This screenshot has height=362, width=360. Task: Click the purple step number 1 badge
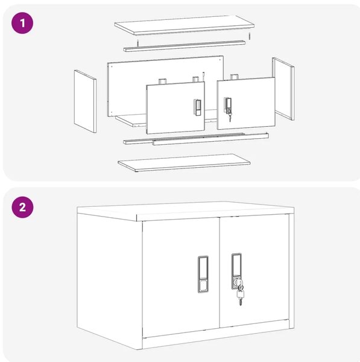click(22, 23)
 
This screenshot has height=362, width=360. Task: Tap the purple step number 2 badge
click(22, 207)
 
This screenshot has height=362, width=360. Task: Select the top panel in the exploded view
click(184, 25)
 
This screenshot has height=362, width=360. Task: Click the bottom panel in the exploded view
click(184, 163)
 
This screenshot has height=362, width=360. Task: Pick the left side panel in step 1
click(85, 101)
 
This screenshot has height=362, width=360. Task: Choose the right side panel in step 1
click(283, 89)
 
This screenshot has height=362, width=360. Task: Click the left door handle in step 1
click(197, 107)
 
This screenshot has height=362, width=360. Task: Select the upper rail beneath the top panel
click(184, 46)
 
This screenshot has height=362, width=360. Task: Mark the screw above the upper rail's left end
click(137, 43)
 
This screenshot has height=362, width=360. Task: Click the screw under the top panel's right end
click(249, 36)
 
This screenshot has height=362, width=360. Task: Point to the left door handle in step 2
click(203, 274)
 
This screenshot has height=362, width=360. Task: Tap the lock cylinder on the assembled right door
click(236, 282)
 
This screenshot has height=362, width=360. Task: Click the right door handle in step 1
click(228, 106)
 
